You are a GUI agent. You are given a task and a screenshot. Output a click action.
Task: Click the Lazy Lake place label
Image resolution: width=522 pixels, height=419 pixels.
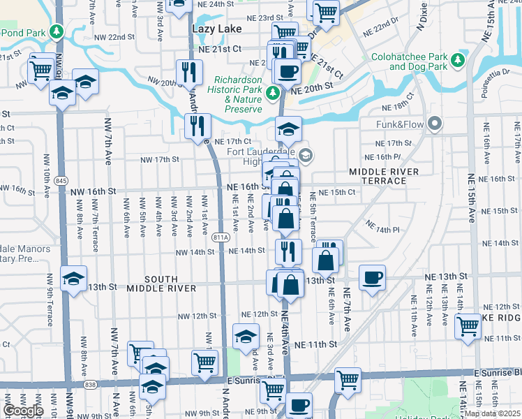(216, 29)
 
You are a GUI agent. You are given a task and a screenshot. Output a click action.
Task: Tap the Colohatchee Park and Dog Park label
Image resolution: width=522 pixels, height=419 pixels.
(417, 61)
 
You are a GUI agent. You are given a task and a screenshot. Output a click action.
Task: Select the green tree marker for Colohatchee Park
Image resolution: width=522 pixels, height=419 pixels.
(458, 60)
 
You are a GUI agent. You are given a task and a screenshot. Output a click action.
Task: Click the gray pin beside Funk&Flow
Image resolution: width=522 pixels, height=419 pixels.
(435, 125)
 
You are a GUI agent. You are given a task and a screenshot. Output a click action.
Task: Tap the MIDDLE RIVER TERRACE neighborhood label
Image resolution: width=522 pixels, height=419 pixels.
(384, 176)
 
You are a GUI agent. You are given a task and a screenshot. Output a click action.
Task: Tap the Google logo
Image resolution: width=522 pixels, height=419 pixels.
(23, 411)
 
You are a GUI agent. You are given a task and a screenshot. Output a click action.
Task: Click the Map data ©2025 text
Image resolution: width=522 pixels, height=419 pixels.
(492, 413)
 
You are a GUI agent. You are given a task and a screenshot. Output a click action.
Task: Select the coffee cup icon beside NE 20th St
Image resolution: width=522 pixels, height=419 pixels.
(287, 70)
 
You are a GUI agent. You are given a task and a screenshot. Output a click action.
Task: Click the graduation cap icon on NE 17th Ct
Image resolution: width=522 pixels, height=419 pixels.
(288, 128)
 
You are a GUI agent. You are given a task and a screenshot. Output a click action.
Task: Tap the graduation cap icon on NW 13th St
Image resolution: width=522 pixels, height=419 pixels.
(73, 278)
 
